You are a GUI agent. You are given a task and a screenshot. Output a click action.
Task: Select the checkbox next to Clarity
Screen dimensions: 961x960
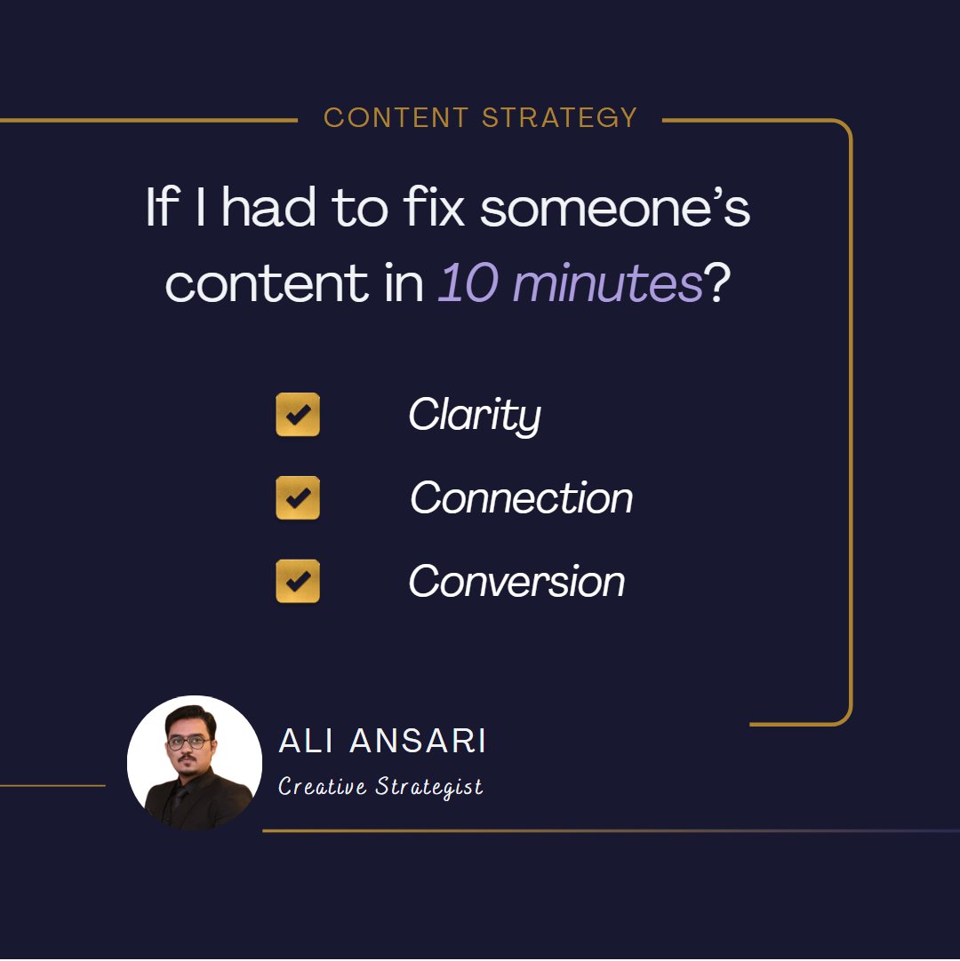pyautogui.click(x=298, y=415)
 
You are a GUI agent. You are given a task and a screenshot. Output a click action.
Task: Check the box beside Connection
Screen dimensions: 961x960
pyautogui.click(x=298, y=497)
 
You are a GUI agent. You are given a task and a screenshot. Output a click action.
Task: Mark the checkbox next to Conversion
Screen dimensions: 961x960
pyautogui.click(x=298, y=581)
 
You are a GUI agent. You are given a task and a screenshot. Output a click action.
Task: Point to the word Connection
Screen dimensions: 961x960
pyautogui.click(x=521, y=497)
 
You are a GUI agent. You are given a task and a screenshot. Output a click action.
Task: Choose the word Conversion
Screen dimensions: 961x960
pyautogui.click(x=516, y=581)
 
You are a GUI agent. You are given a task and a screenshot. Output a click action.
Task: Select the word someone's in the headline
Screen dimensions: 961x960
pyautogui.click(x=616, y=210)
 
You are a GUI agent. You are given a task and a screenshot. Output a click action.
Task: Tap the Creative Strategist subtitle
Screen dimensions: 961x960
pyautogui.click(x=380, y=787)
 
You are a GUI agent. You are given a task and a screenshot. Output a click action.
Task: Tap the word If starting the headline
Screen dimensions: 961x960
pyautogui.click(x=161, y=210)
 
